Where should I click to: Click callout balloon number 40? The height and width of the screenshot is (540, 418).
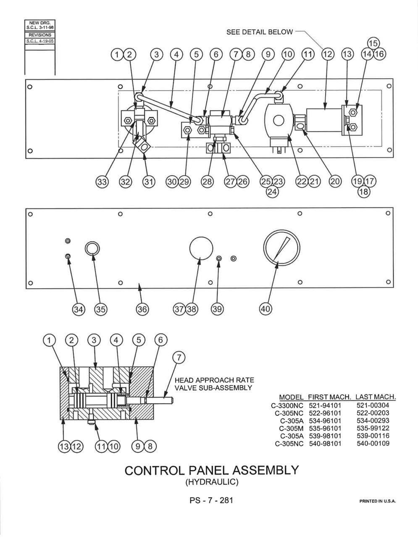point(266,309)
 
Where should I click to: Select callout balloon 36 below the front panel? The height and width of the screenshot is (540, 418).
point(142,309)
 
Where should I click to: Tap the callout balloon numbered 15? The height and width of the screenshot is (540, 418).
point(373,44)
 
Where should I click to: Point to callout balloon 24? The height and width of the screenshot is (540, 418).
point(272,192)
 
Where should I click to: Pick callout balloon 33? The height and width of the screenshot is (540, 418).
point(102,182)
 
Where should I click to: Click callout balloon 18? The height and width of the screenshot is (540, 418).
point(364,192)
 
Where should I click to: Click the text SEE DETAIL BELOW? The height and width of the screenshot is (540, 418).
point(260,32)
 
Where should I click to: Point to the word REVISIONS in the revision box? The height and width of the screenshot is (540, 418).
point(40,35)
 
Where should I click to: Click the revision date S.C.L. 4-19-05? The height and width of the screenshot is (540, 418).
point(40,41)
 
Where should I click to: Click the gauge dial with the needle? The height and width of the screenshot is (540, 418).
point(281,248)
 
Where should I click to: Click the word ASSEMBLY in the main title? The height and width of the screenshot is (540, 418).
point(266,470)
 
